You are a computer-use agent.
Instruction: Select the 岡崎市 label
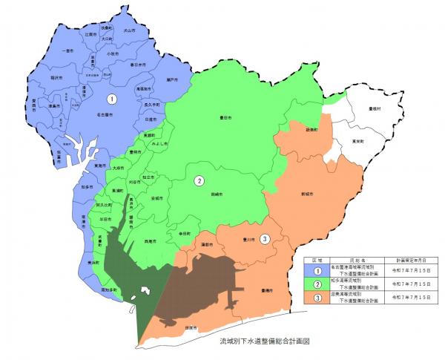[217, 194]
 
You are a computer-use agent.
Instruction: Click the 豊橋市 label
[268, 292]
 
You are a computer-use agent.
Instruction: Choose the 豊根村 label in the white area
[375, 109]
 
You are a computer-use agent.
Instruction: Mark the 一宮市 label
[68, 51]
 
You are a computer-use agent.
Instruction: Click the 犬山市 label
[130, 32]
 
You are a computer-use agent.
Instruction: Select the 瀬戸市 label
[172, 79]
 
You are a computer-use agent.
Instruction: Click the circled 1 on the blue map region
[111, 98]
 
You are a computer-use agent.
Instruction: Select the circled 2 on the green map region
[199, 180]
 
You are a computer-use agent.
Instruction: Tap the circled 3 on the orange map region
[266, 238]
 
